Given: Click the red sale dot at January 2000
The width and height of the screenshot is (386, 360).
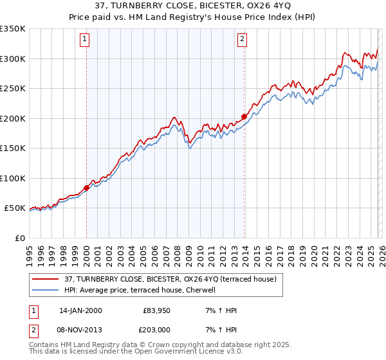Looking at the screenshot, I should click(86, 188).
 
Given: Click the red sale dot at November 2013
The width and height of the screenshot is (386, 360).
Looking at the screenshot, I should click(244, 116).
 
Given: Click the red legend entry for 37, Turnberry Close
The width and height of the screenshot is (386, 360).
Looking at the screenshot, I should click(170, 279).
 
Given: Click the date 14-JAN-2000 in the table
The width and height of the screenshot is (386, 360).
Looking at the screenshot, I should click(80, 310).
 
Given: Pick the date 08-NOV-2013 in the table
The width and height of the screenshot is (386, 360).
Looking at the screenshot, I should click(80, 331).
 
